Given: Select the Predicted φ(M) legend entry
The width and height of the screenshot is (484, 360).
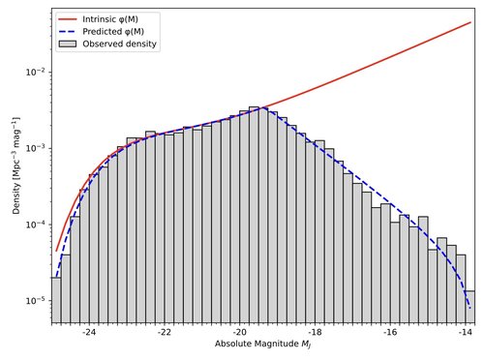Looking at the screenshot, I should pos(112,30).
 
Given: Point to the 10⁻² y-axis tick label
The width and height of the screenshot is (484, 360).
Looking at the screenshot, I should pos(31,73).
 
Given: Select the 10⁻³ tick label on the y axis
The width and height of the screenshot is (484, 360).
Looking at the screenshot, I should pos(31,148).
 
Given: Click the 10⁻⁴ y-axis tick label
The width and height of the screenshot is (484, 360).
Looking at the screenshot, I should pos(31,225).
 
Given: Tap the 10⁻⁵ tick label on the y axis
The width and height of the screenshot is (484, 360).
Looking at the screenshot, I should pos(31,301).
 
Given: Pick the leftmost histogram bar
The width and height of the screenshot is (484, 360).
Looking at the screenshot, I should pos(56,300).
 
